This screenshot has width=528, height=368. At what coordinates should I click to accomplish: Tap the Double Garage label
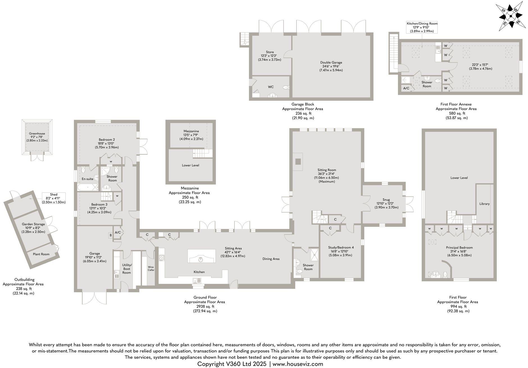pyautogui.click(x=331, y=63)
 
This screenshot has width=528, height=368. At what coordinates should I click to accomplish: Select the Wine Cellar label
pyautogui.click(x=151, y=268)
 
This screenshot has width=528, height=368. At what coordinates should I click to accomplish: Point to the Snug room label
pyautogui.click(x=386, y=200)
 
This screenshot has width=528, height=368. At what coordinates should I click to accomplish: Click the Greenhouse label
pyautogui.click(x=37, y=134)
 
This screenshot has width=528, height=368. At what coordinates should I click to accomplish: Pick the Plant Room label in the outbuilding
pyautogui.click(x=41, y=254)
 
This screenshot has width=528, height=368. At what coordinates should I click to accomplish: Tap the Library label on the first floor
pyautogui.click(x=484, y=204)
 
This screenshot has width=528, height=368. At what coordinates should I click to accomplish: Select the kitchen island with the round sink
pyautogui.click(x=201, y=256)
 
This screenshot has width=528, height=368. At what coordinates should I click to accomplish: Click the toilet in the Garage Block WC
pyautogui.click(x=286, y=88)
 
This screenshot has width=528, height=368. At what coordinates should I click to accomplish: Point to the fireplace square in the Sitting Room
pyautogui.click(x=298, y=162)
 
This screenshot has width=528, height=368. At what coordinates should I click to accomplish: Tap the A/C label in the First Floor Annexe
pyautogui.click(x=406, y=88)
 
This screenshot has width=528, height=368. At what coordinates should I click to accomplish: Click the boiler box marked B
pyautogui.click(x=111, y=235)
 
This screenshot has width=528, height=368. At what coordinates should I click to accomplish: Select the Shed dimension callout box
pyautogui.click(x=54, y=198)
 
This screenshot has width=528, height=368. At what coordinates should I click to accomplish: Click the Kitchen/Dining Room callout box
pyautogui.click(x=422, y=27)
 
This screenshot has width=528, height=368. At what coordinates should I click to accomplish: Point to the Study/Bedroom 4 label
pyautogui.click(x=341, y=247)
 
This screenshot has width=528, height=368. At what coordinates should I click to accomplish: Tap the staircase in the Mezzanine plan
pyautogui.click(x=201, y=153)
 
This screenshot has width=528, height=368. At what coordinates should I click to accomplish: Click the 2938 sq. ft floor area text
pyautogui.click(x=205, y=307)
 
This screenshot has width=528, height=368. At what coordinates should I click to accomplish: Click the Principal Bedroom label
pyautogui.click(x=459, y=248)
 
